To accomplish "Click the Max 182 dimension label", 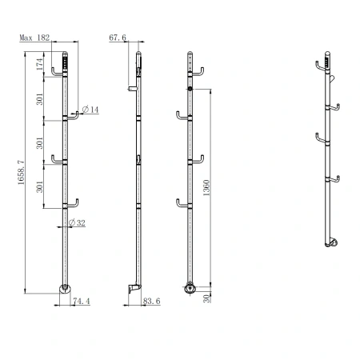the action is [x=34, y=38].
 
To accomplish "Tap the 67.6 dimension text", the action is [x=118, y=38].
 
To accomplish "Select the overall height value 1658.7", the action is [x=21, y=173].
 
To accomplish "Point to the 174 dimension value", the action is [x=39, y=64].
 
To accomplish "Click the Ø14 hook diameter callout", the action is [x=90, y=110].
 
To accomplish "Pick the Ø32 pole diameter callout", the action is [x=77, y=222].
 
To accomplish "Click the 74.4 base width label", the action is [x=82, y=301].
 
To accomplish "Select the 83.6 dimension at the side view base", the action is [x=151, y=301].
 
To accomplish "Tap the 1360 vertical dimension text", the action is [x=206, y=188].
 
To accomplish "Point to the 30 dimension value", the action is [x=207, y=298].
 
